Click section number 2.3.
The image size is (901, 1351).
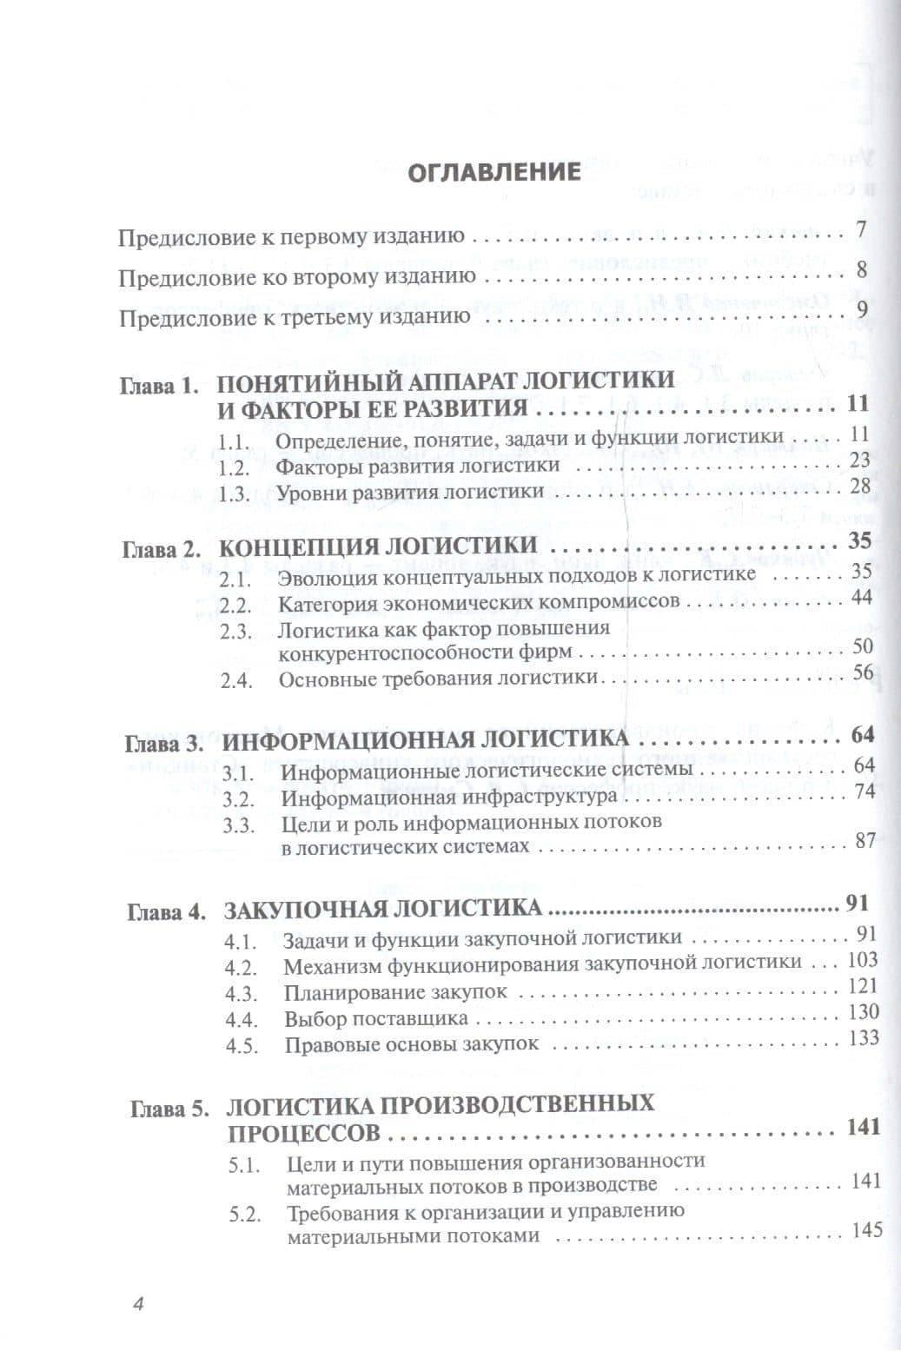(x=235, y=632)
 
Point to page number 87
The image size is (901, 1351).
(x=864, y=841)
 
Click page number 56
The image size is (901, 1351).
(x=862, y=672)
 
